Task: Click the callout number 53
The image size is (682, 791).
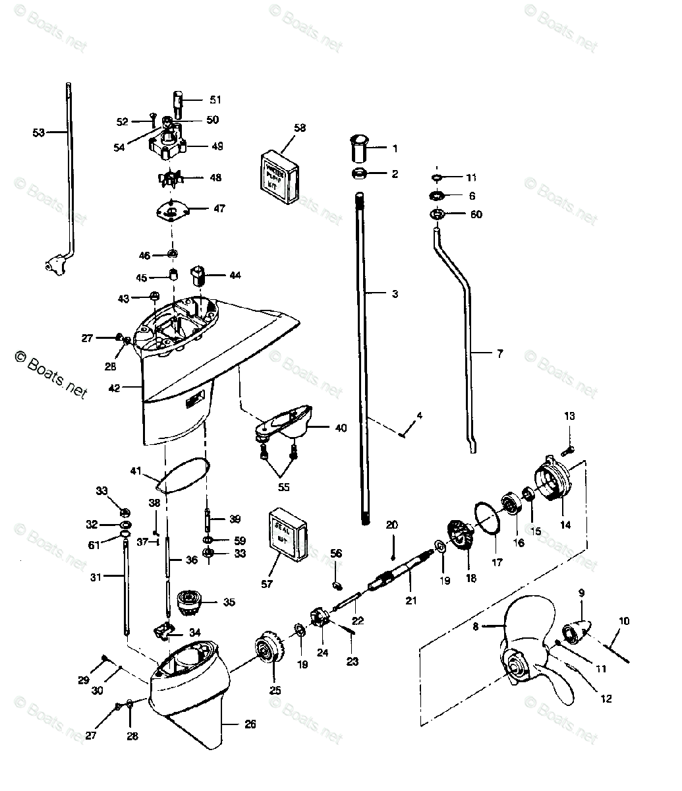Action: point(39,132)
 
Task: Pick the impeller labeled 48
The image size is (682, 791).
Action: point(171,179)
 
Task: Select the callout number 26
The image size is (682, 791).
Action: point(250,724)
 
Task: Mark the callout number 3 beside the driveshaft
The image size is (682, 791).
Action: point(395,294)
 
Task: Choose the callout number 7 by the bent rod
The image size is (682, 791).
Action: point(499,354)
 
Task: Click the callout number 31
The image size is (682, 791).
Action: point(96,577)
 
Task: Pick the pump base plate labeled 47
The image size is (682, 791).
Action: point(172,211)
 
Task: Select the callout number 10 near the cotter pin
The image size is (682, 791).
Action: point(624,620)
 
